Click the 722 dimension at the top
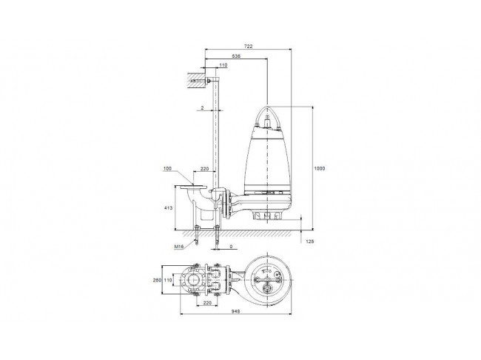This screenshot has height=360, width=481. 248,47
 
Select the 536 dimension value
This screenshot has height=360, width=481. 236,56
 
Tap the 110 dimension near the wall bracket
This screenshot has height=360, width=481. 223,65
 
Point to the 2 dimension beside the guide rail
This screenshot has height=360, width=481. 203,108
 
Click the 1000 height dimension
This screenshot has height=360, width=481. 320,168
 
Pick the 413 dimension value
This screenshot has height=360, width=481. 169,208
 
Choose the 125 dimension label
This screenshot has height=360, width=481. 310,241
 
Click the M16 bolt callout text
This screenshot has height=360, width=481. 179,247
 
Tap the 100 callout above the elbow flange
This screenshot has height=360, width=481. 167,168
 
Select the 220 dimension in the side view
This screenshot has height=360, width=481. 204,169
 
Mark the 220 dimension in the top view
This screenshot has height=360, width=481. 208,302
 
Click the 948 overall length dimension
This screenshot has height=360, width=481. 235,311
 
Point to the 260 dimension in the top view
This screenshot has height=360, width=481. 157,280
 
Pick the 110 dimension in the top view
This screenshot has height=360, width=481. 168,280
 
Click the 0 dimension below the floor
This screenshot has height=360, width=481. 231,247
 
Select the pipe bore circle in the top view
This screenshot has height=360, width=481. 193,280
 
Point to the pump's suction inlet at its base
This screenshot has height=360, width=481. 267,216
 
